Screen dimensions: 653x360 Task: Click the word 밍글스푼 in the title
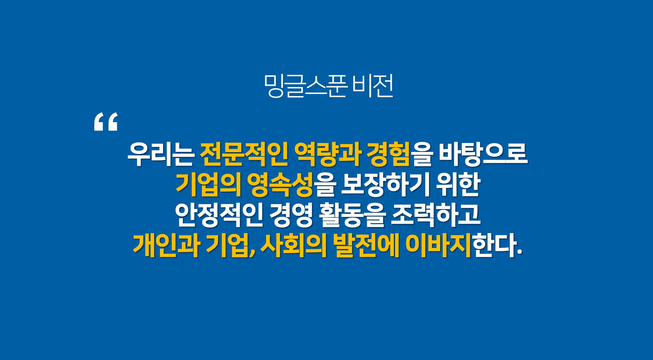305,86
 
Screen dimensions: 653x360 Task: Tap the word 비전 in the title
373,86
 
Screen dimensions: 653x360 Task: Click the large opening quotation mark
106,121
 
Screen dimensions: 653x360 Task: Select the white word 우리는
160,154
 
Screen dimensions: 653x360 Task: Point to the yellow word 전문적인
244,154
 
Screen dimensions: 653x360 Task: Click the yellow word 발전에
366,245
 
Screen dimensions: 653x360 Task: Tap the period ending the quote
519,252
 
